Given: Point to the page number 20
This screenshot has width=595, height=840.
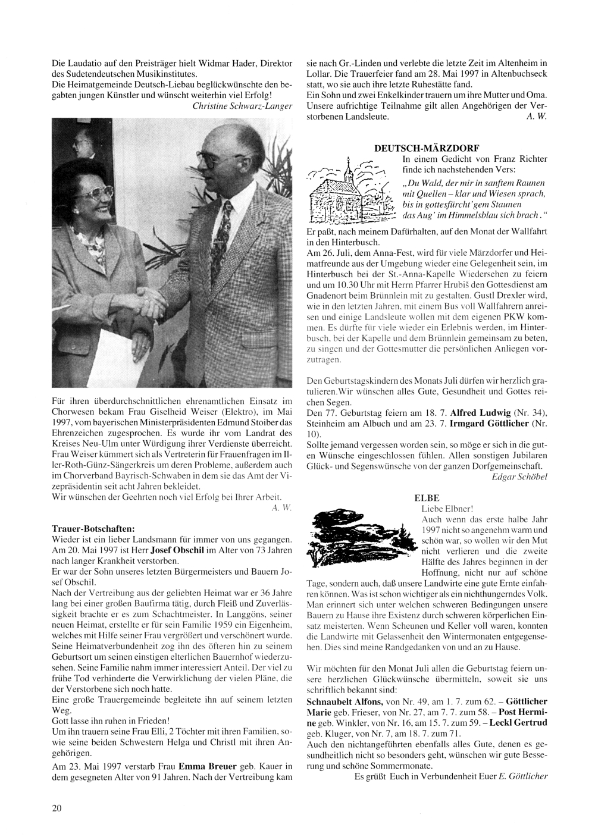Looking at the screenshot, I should click(x=57, y=807).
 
